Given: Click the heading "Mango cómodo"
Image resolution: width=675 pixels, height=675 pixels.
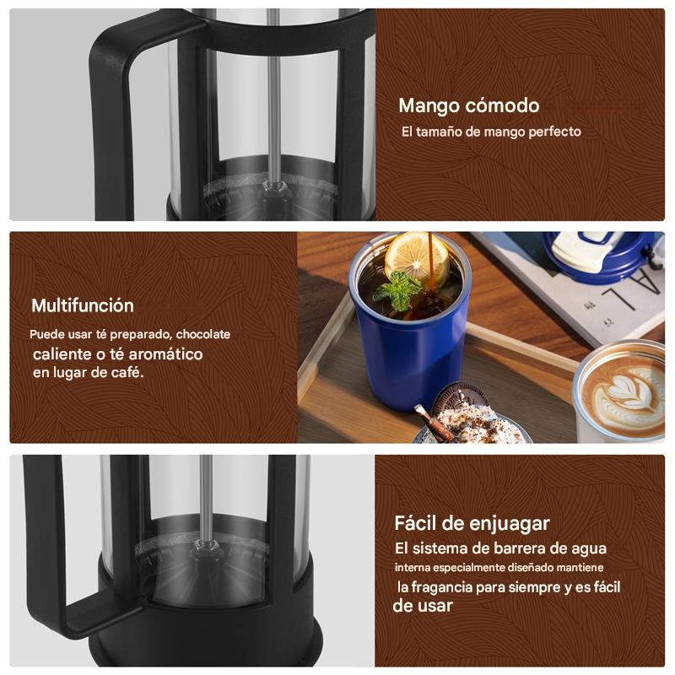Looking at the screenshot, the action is click(469, 106).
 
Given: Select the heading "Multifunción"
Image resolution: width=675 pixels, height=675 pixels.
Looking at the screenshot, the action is click(82, 305).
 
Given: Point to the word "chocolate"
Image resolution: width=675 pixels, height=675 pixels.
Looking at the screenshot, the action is click(202, 334).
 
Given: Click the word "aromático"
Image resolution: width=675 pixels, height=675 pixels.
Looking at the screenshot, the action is click(165, 354).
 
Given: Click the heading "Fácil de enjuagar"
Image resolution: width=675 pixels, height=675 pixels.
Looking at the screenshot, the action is click(472, 524).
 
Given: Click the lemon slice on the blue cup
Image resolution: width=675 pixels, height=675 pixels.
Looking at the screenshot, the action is click(417, 256).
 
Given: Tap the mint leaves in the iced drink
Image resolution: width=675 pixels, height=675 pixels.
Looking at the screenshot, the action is click(397, 290).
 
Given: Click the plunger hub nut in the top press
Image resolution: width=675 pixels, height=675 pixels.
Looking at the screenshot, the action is click(274, 188).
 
